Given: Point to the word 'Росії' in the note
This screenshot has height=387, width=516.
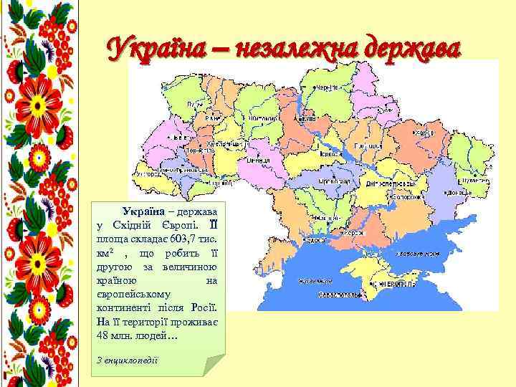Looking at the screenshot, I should pos(204,307).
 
